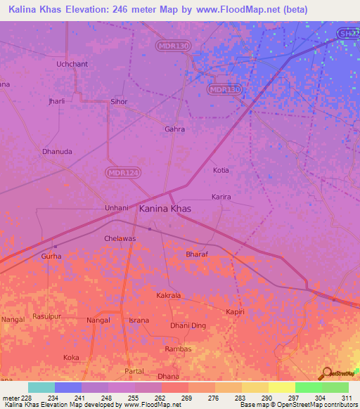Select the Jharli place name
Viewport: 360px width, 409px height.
pyautogui.click(x=56, y=101)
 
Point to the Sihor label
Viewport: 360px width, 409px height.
pyautogui.click(x=119, y=102)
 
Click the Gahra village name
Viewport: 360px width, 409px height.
pyautogui.click(x=174, y=129)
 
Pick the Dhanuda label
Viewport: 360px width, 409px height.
pyautogui.click(x=57, y=151)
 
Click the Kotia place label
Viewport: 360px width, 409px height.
pyautogui.click(x=221, y=170)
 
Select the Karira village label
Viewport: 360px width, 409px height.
pyautogui.click(x=221, y=197)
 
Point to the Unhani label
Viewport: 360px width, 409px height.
pyautogui.click(x=116, y=208)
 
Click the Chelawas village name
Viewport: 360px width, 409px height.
pyautogui.click(x=120, y=238)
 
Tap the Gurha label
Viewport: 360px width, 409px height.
pyautogui.click(x=51, y=257)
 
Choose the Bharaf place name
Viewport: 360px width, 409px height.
pyautogui.click(x=197, y=254)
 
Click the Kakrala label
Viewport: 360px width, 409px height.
pyautogui.click(x=169, y=296)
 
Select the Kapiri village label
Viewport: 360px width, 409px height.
pyautogui.click(x=235, y=311)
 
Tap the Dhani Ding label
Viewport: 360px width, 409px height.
pyautogui.click(x=188, y=325)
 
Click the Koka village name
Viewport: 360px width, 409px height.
pyautogui.click(x=71, y=358)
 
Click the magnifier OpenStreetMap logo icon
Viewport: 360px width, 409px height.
pyautogui.click(x=326, y=372)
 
